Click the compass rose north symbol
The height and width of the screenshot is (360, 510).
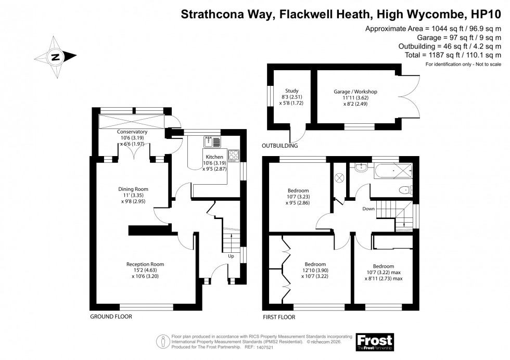pyautogui.click(x=55, y=57)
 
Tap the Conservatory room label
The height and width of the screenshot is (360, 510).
pyautogui.click(x=132, y=132)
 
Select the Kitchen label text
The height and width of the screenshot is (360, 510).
pyautogui.click(x=214, y=157)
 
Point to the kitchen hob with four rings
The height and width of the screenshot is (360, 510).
pyautogui.click(x=233, y=155)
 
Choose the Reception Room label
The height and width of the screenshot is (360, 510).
pyautogui.click(x=145, y=264)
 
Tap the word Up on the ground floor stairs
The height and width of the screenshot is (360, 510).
pyautogui.click(x=231, y=256)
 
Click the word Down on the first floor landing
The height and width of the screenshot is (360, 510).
pyautogui.click(x=368, y=209)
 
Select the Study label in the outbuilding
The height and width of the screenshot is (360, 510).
pyautogui.click(x=285, y=92)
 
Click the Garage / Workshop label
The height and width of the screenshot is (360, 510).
pyautogui.click(x=355, y=92)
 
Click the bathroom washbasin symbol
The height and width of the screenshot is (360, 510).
pyautogui.click(x=360, y=168)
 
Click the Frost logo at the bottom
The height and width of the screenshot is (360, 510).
pyautogui.click(x=374, y=341)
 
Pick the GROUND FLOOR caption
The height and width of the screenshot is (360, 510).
pyautogui.click(x=111, y=316)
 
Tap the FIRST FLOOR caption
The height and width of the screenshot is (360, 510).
pyautogui.click(x=279, y=316)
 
